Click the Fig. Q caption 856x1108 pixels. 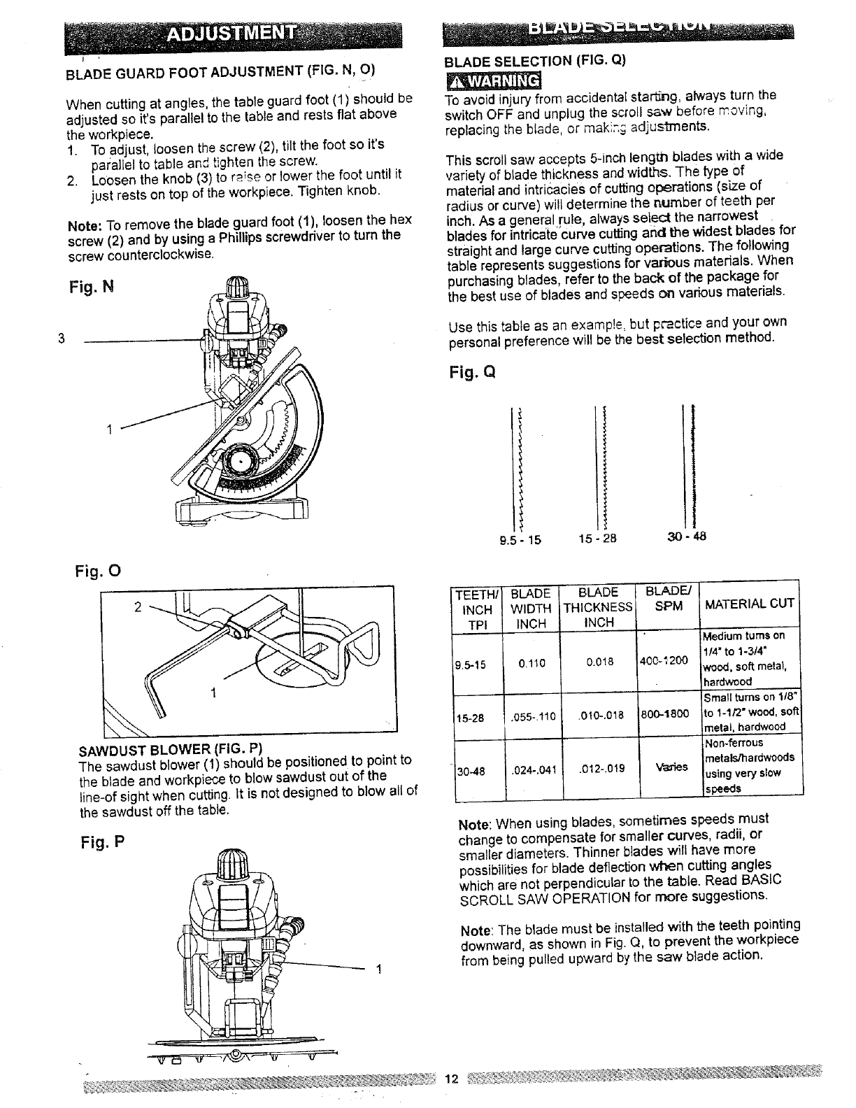point(473,371)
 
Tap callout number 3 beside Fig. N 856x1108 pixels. point(62,339)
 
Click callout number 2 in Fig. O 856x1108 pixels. point(138,607)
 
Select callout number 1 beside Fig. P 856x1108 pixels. point(378,969)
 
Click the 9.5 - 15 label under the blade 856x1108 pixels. point(520,539)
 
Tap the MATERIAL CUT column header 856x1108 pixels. point(750,603)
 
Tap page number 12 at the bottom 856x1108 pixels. point(451,1079)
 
